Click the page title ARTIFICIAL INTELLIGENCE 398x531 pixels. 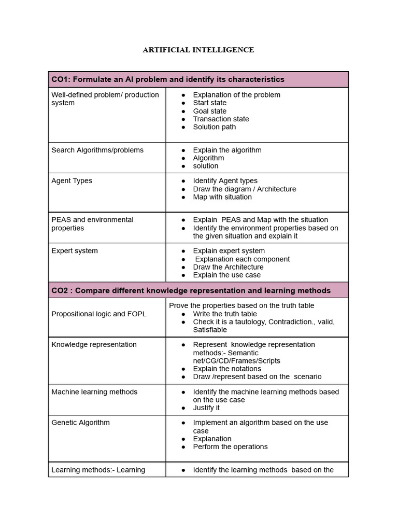point(198,50)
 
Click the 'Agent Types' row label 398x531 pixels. point(72,181)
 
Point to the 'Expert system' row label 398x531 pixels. point(75,251)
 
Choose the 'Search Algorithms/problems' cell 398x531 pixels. point(97,150)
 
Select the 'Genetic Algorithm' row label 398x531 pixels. point(80,423)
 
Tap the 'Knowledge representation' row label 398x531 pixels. point(94,345)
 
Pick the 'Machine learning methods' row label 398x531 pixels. point(94,392)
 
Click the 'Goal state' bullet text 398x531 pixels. point(209,111)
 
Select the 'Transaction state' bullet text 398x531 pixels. point(221,119)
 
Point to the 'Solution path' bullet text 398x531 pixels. point(214,127)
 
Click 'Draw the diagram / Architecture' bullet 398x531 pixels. point(245,189)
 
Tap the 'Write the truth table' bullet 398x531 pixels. point(225,314)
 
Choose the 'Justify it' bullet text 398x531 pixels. point(206,408)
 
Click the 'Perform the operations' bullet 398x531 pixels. point(230,446)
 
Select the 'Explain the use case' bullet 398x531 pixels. point(226,275)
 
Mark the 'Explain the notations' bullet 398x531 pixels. point(227,369)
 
